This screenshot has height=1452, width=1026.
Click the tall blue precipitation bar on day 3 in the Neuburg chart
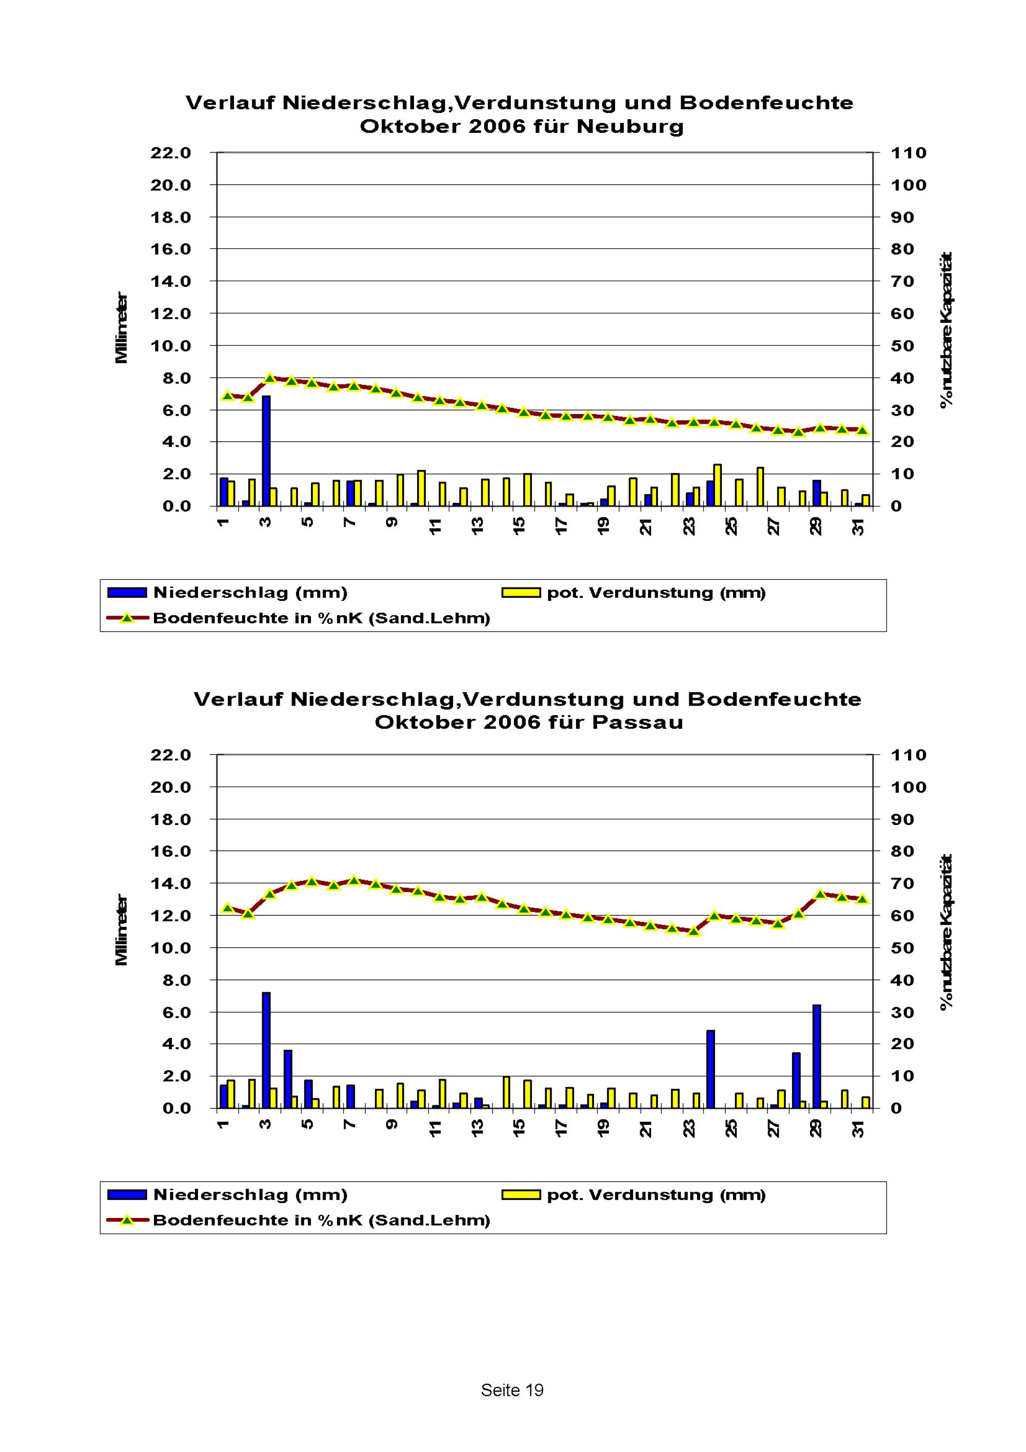click(266, 451)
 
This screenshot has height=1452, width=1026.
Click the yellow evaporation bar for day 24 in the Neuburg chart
click(718, 485)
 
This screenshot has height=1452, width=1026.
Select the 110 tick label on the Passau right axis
click(909, 755)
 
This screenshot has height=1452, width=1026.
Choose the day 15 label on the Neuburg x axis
click(520, 525)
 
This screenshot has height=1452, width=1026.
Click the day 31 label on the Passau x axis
click(858, 1128)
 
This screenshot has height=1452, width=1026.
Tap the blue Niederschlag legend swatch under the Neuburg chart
click(127, 593)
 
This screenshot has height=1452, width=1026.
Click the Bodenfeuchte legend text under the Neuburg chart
click(322, 618)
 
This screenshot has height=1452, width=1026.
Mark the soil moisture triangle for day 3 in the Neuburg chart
click(269, 378)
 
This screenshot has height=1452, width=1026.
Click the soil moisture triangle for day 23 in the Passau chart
click(694, 931)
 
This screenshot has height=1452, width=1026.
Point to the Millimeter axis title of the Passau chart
click(122, 930)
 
